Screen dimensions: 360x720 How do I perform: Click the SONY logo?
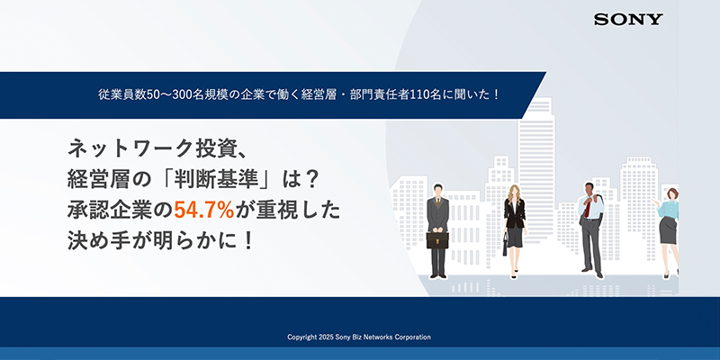(629, 19)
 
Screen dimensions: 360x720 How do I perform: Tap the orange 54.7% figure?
(204, 211)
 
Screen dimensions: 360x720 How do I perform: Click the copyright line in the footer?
(359, 337)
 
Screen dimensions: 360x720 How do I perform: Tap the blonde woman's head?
(515, 193)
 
